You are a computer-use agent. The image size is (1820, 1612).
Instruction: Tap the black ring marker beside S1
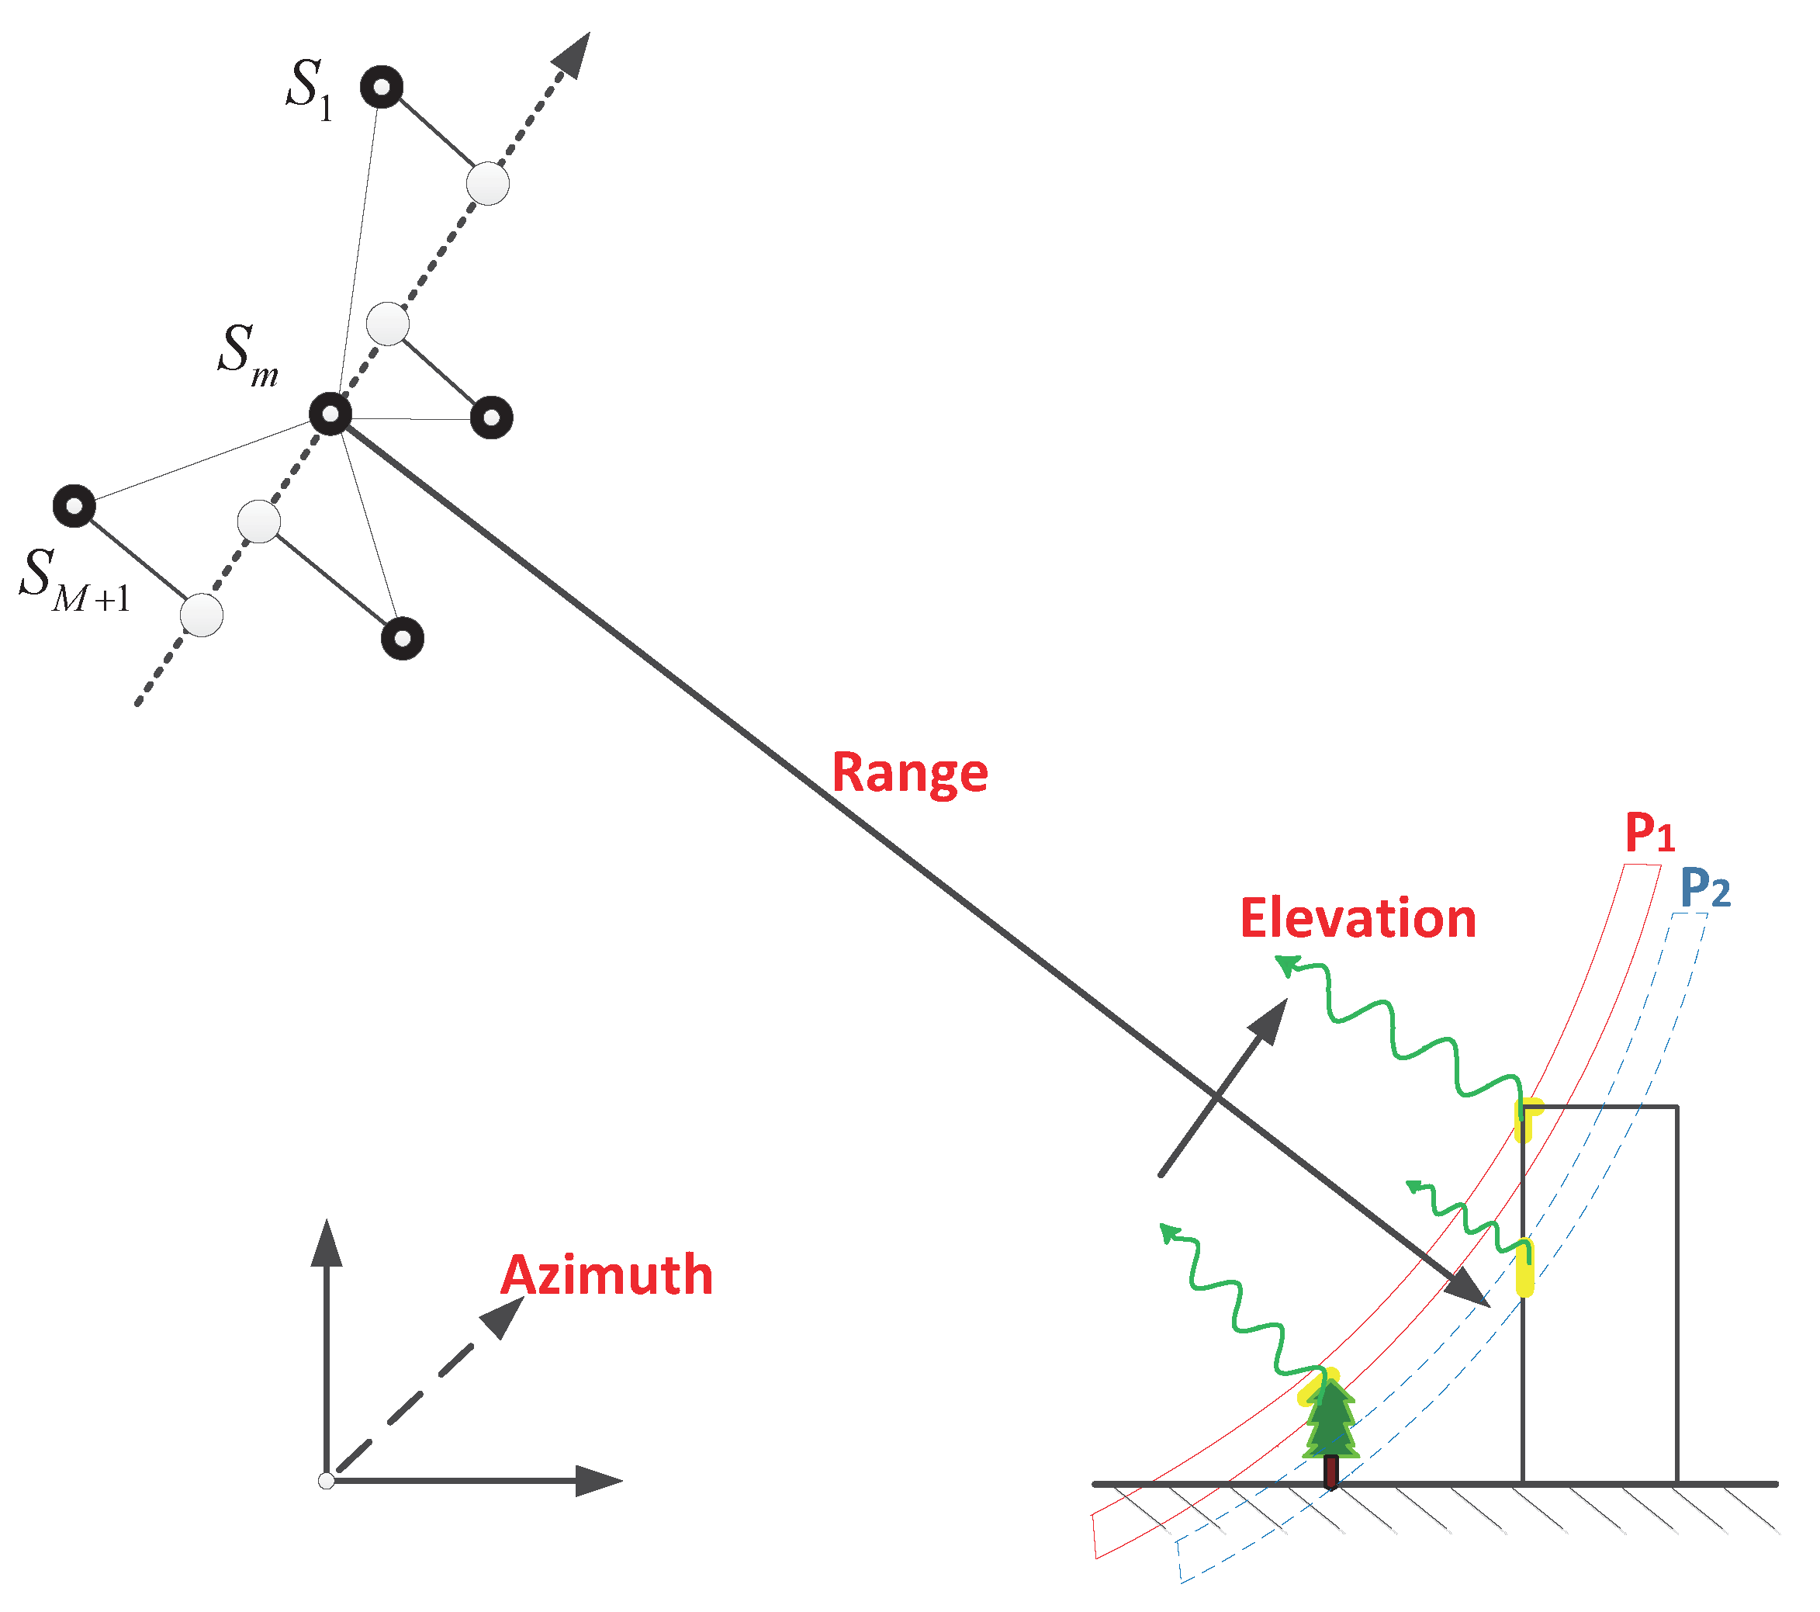pos(382,87)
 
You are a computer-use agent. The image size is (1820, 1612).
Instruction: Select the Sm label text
pos(247,355)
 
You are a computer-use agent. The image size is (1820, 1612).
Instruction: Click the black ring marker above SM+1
pos(74,507)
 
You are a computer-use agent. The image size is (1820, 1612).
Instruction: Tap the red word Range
pos(909,773)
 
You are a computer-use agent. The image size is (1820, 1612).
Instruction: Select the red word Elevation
pos(1358,919)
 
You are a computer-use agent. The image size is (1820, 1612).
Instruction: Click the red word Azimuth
pos(607,1275)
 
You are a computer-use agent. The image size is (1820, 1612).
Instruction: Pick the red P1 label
pos(1649,834)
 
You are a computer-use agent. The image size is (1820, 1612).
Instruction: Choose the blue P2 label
pos(1704,889)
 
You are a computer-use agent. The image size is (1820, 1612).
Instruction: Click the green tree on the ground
pos(1330,1425)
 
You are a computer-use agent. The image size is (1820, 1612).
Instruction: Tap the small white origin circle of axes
pos(327,1481)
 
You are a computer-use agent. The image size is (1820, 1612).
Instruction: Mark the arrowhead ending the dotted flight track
pos(573,55)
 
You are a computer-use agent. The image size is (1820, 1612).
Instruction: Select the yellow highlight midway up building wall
pos(1525,1268)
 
